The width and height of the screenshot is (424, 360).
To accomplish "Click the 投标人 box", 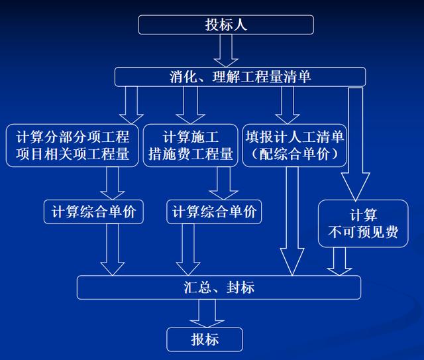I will [x=225, y=25].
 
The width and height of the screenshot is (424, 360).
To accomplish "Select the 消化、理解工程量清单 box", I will [x=239, y=77].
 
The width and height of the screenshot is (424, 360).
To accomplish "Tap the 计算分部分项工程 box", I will [x=72, y=146].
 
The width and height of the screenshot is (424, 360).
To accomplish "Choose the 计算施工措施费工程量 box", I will [x=189, y=146].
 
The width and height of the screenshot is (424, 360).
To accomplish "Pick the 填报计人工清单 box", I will [x=295, y=146].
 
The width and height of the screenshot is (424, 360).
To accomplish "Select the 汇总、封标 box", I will [x=219, y=288].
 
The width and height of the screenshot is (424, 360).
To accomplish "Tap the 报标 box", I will [x=205, y=339].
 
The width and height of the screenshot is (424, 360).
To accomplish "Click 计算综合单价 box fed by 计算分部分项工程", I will [x=93, y=212].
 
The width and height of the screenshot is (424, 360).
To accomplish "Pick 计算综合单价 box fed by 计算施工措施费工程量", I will [x=213, y=212].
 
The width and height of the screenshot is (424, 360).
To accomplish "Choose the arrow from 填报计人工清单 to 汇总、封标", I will [x=291, y=219].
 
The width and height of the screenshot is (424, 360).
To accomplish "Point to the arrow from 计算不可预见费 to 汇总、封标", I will [x=340, y=261].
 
